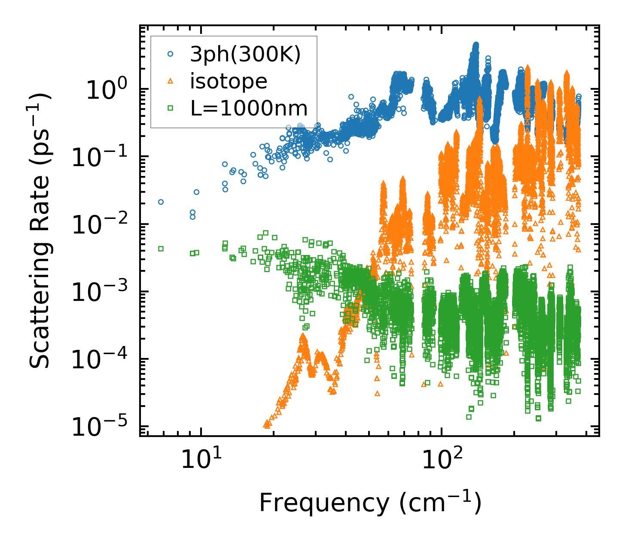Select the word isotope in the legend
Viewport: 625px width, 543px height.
pyautogui.click(x=229, y=81)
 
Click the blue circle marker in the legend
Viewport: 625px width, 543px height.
pyautogui.click(x=170, y=54)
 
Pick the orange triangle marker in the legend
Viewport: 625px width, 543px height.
pyautogui.click(x=170, y=81)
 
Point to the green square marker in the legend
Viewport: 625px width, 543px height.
pyautogui.click(x=170, y=108)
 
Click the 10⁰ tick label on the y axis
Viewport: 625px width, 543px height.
pyautogui.click(x=106, y=90)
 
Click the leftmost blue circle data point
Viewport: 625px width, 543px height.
pyautogui.click(x=161, y=202)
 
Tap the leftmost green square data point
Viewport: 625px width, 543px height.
pyautogui.click(x=161, y=249)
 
